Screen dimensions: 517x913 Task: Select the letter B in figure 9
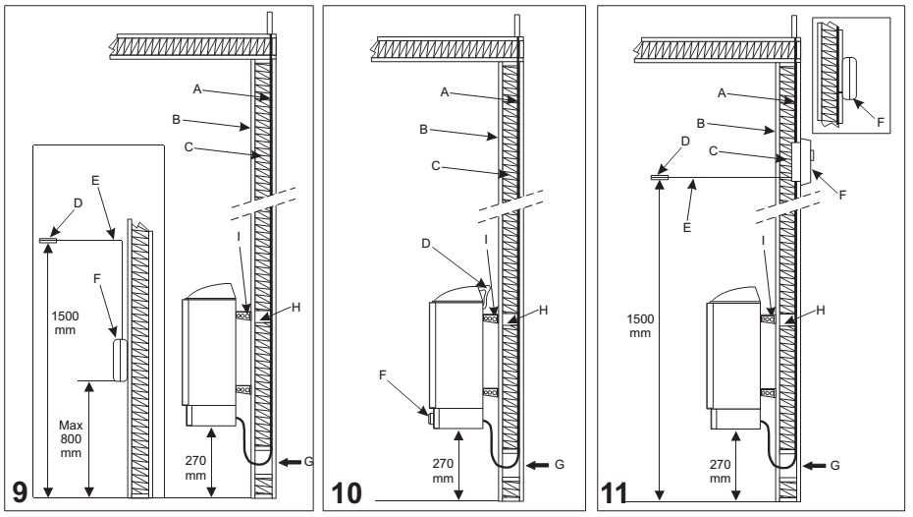pos(176,122)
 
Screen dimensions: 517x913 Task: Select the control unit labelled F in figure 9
pos(120,360)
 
